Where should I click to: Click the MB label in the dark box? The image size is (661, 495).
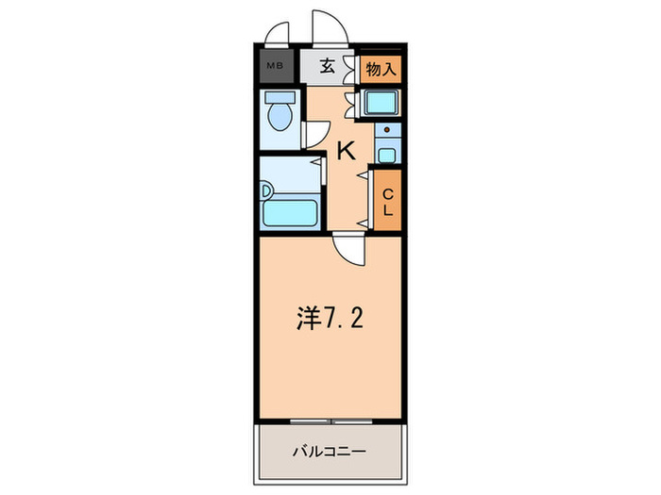tap(275, 66)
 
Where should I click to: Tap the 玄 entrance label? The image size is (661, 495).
tap(327, 67)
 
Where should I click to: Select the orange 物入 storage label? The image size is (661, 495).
tap(382, 67)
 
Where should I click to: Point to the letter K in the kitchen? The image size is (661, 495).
tap(346, 149)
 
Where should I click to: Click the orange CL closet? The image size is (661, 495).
tap(387, 199)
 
